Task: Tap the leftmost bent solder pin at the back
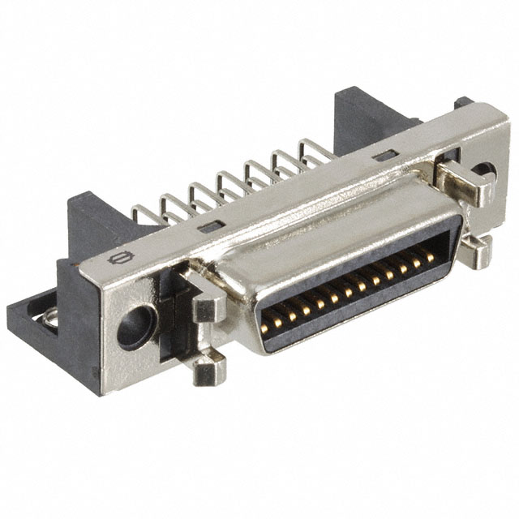(144, 214)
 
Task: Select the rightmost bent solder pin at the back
(313, 150)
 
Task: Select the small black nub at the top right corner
(463, 103)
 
